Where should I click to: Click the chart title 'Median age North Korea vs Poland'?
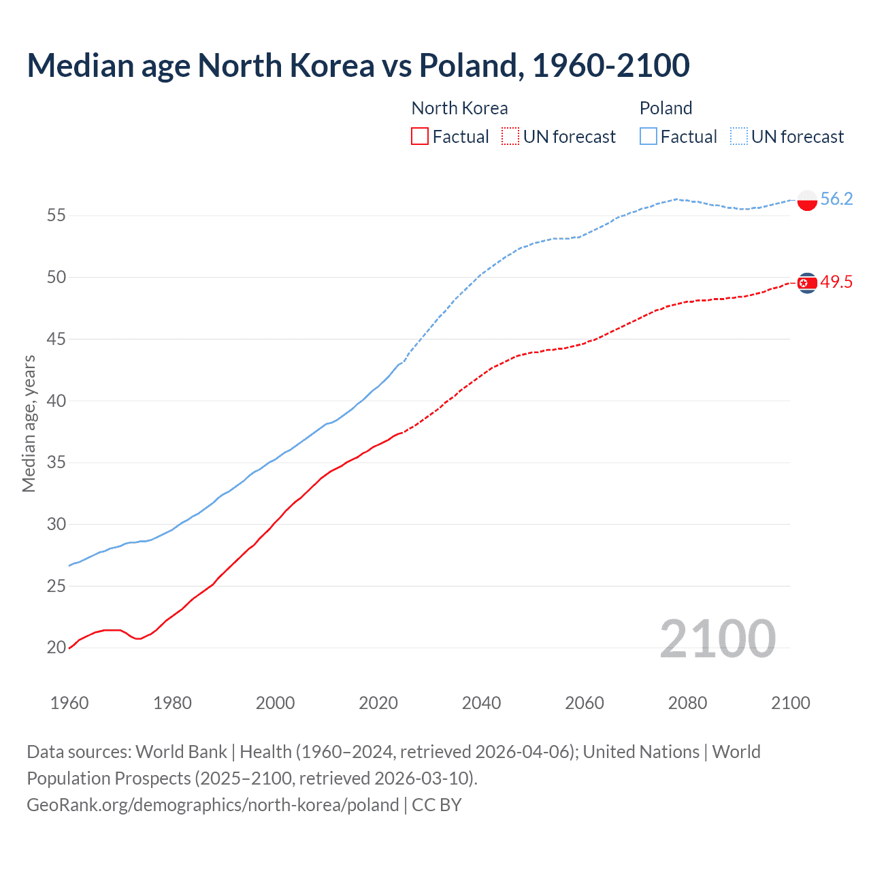(358, 65)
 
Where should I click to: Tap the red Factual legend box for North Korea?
(420, 137)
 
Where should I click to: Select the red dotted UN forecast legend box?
(510, 137)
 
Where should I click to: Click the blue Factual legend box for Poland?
(648, 137)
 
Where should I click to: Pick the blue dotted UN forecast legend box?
(739, 137)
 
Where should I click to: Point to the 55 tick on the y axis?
(56, 216)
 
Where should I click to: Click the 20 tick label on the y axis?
(56, 648)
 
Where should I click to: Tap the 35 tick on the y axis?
(56, 463)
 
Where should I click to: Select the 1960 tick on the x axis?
(69, 703)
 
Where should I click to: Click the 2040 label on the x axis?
(481, 703)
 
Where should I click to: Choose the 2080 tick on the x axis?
(687, 703)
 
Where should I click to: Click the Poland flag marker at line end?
(807, 200)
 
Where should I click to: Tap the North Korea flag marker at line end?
(807, 282)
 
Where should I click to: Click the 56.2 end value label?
(836, 199)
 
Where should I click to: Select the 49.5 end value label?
(836, 282)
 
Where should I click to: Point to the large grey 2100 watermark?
(717, 639)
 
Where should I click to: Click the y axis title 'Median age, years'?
(29, 423)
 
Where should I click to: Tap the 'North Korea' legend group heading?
(459, 108)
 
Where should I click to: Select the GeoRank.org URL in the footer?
(212, 805)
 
